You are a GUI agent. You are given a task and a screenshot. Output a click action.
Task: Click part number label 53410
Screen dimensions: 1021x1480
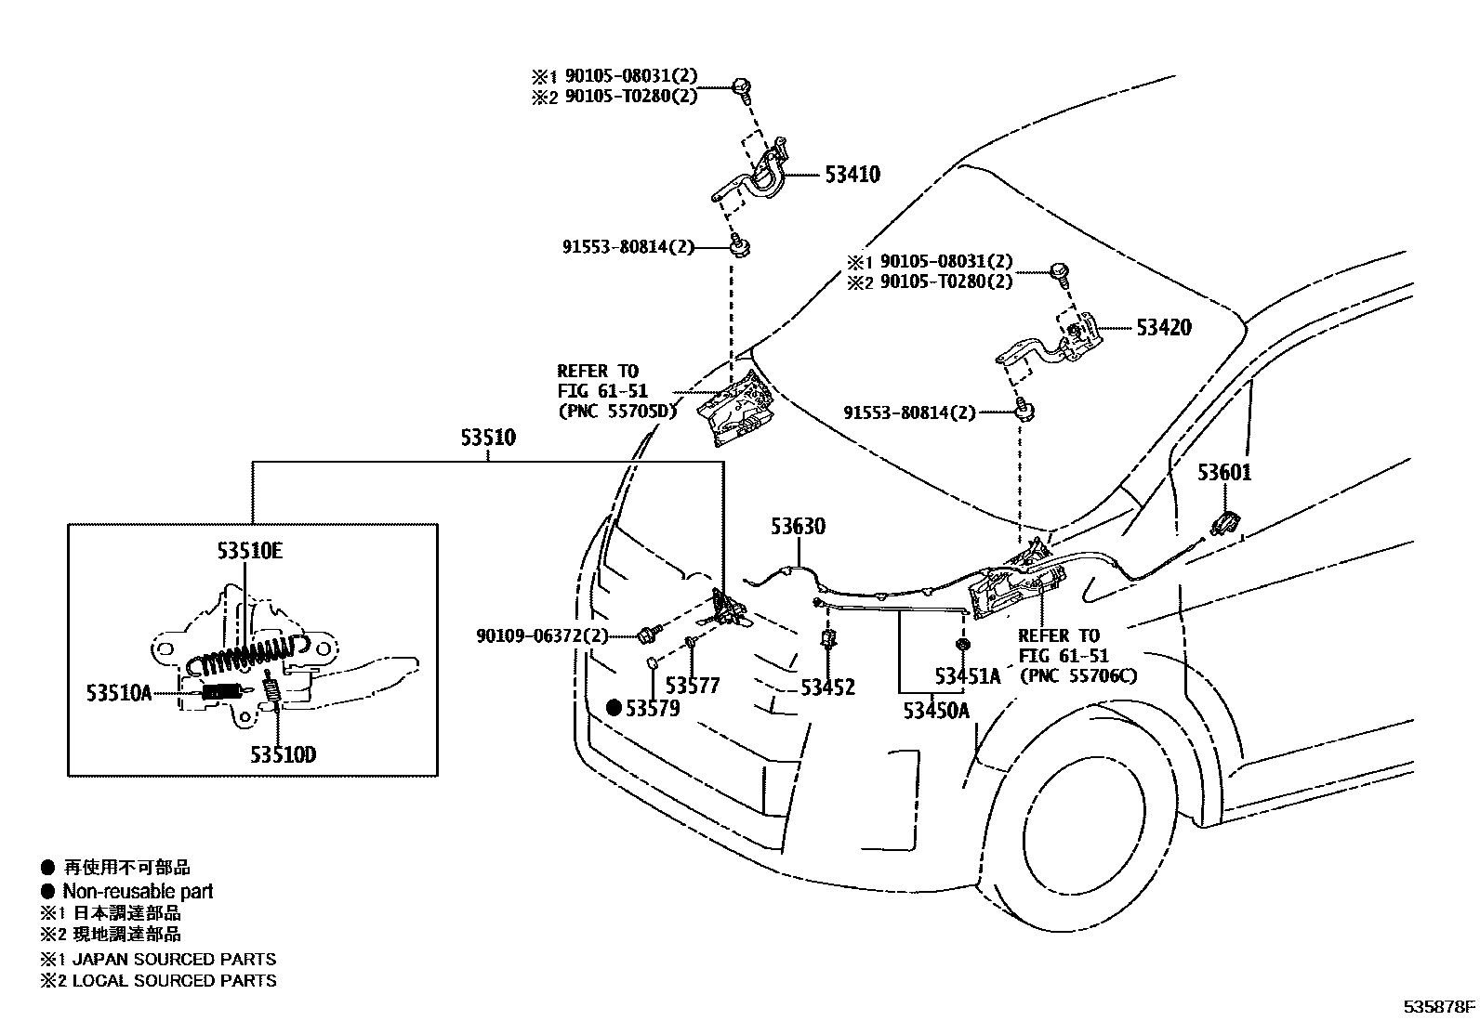(x=852, y=175)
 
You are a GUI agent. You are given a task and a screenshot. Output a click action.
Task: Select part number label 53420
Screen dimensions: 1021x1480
(x=1162, y=328)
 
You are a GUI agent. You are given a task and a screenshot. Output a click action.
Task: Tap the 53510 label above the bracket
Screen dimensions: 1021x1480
(x=487, y=438)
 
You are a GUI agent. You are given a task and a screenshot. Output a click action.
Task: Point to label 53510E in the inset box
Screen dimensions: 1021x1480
(x=249, y=551)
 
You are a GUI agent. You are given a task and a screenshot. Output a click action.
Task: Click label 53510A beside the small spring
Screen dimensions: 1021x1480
(x=118, y=692)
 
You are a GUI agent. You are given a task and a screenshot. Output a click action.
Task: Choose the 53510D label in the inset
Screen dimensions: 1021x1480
(x=283, y=754)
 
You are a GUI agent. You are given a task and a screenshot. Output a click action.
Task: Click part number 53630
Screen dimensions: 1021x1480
(x=797, y=527)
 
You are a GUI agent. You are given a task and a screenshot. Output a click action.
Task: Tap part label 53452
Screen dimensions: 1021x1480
(x=827, y=687)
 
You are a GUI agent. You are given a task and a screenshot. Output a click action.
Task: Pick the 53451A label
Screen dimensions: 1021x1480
(x=968, y=676)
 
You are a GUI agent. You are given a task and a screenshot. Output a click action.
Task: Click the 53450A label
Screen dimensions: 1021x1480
(x=936, y=711)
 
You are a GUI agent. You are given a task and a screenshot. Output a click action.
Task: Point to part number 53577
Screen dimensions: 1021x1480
(x=693, y=687)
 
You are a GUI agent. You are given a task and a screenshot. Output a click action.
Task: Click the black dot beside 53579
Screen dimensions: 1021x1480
(x=614, y=709)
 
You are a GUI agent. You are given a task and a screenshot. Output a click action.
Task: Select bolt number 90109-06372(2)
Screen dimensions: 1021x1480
(x=541, y=636)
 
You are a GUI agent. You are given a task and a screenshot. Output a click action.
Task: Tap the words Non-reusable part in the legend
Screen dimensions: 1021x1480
(x=138, y=891)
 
